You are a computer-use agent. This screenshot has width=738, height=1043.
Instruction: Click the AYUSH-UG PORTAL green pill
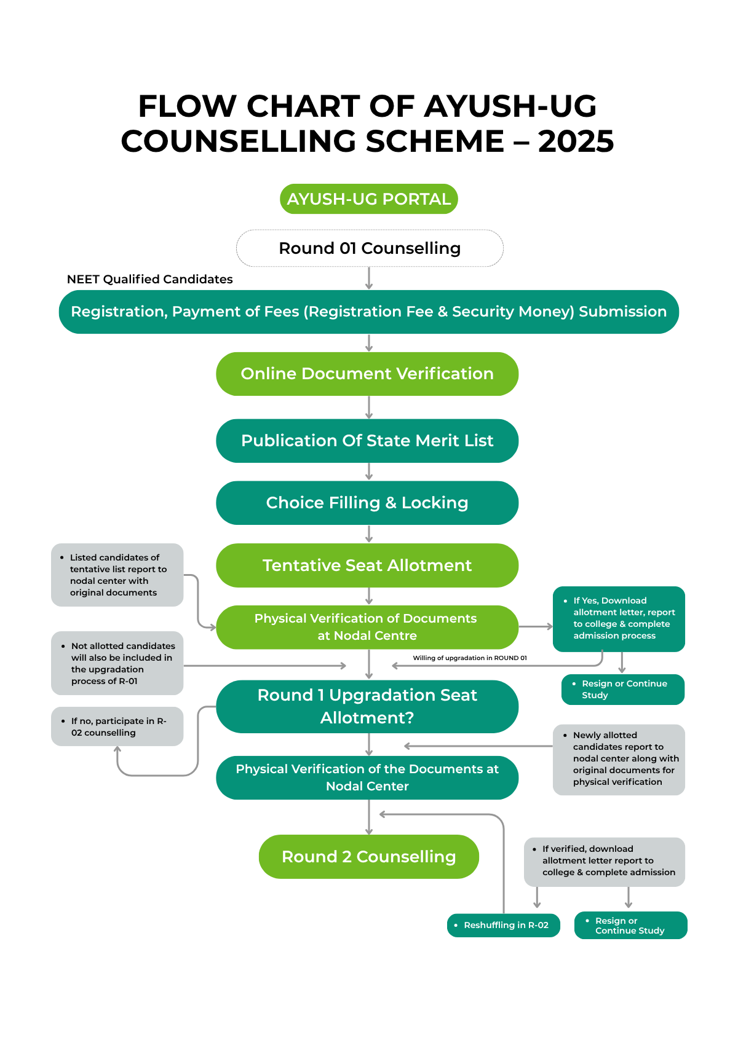369,199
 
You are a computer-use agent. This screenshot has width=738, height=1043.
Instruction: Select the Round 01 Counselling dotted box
369,248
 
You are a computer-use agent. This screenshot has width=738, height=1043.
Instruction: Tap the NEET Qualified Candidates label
149,279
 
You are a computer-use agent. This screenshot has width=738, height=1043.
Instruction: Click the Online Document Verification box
367,374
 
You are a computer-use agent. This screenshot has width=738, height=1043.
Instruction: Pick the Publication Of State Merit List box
367,441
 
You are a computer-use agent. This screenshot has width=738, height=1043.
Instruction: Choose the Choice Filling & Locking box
367,503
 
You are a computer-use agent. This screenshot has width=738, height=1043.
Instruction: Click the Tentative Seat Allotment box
367,565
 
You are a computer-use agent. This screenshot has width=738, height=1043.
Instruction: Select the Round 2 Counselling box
368,857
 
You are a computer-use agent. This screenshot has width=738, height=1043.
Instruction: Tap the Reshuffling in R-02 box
504,925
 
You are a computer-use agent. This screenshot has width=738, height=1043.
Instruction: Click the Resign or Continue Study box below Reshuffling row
630,926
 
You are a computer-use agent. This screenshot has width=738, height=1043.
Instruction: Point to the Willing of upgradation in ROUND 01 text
469,658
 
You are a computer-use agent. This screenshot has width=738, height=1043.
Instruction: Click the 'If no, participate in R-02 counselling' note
117,726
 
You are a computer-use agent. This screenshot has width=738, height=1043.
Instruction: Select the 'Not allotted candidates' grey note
117,663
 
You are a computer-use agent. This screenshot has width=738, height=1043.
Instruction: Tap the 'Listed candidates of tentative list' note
117,575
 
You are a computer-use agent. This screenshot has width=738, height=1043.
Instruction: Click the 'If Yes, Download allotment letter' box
619,619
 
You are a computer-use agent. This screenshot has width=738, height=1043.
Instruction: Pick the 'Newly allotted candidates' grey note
619,759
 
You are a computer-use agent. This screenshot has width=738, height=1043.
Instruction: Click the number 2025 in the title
576,142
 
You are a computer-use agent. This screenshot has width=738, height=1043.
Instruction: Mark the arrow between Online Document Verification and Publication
369,407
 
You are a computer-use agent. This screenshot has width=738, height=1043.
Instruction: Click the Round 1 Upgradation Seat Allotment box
367,706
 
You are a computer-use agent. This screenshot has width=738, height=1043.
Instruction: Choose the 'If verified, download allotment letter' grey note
604,860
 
